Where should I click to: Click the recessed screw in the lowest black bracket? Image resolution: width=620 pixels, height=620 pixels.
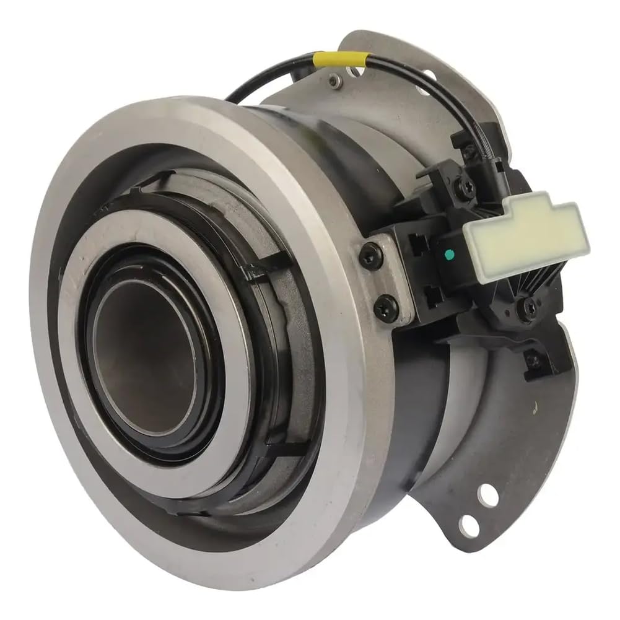[x=531, y=358]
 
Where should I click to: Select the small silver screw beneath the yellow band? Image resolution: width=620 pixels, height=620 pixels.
[x=335, y=80]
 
